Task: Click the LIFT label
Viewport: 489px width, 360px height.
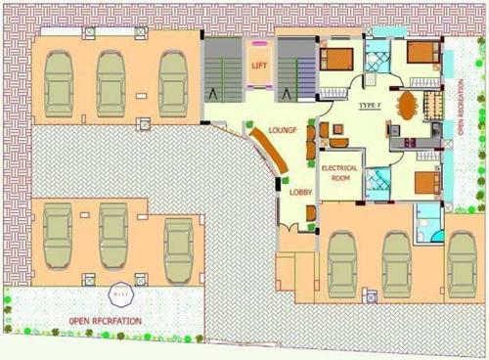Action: click(x=259, y=66)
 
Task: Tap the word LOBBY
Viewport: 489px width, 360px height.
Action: click(x=300, y=193)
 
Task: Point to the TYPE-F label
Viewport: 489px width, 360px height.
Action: click(x=371, y=104)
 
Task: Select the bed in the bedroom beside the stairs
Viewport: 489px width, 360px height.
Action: click(x=339, y=58)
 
